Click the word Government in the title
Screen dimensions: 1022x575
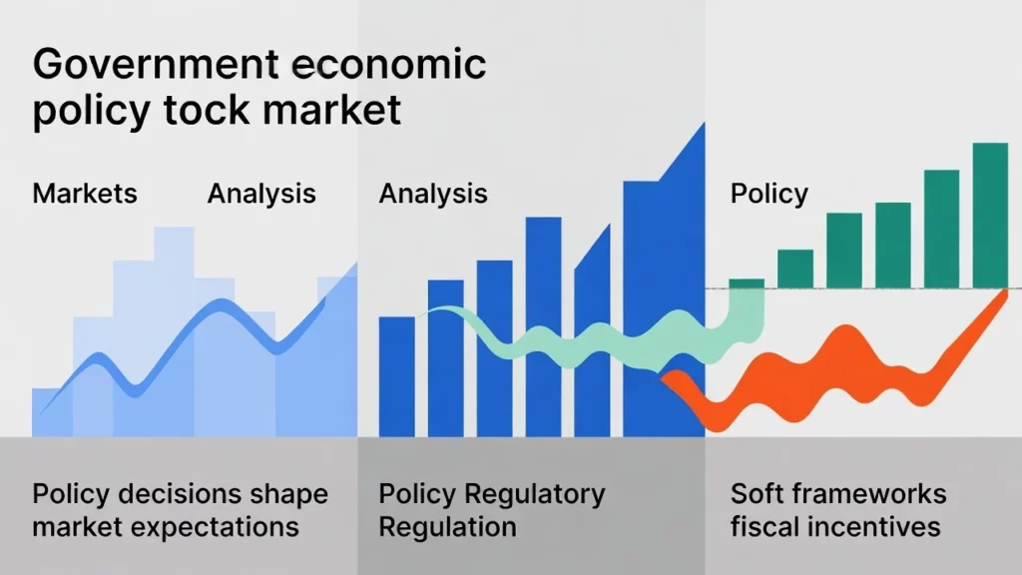click(156, 64)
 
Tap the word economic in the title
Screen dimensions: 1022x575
click(388, 64)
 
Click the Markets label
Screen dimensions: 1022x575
click(85, 194)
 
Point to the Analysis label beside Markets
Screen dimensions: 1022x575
click(261, 194)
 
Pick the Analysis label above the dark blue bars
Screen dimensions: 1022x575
click(433, 194)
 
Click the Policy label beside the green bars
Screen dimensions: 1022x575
click(769, 194)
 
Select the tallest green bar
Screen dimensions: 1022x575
click(990, 216)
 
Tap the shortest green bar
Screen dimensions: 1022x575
click(747, 284)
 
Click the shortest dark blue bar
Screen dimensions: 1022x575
click(397, 376)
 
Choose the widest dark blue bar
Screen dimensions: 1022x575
click(664, 281)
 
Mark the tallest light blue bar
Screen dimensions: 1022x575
click(174, 331)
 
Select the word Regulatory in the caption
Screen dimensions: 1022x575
click(535, 495)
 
